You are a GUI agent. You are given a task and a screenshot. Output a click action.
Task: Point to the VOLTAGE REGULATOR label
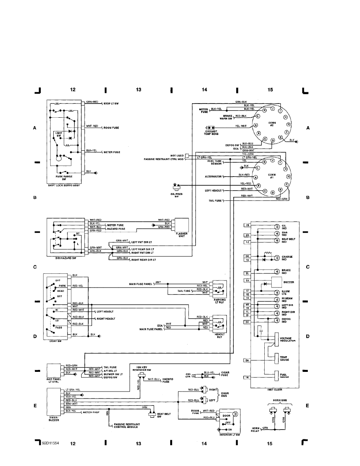tap(287, 339)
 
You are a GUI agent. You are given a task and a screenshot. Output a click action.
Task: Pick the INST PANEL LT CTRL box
tap(54, 370)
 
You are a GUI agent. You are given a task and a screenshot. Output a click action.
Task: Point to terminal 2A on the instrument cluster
tap(247, 360)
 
